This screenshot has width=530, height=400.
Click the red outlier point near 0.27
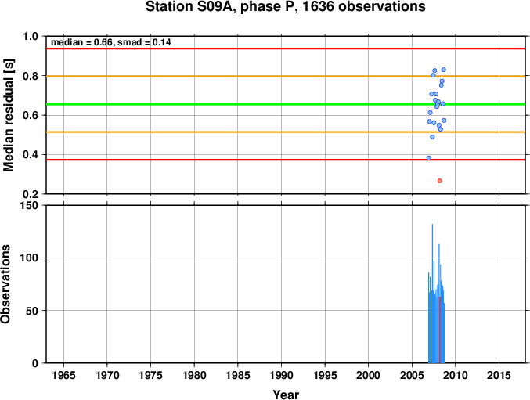[x=440, y=181]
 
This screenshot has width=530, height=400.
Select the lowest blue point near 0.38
[x=428, y=158]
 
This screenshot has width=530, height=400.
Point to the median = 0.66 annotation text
[x=81, y=42]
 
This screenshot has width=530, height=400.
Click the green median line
[x=286, y=104]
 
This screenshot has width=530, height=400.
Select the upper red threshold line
[x=286, y=49]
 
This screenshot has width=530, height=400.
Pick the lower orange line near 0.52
[x=286, y=132]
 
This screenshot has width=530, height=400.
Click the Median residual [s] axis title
[x=8, y=115]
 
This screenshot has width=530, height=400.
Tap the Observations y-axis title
[x=5, y=284]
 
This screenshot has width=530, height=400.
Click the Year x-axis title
[x=286, y=395]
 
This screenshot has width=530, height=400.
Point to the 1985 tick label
[x=238, y=375]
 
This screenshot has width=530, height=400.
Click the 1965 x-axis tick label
[x=63, y=375]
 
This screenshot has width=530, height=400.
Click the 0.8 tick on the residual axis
[x=31, y=76]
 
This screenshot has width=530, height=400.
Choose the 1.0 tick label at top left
[x=31, y=37]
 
